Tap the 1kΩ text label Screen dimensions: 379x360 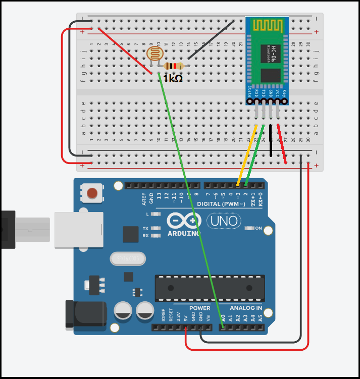click(x=173, y=79)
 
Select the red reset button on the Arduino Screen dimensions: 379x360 click(x=92, y=193)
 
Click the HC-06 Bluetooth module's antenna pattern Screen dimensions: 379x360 click(x=267, y=25)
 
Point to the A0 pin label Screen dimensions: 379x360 click(x=223, y=318)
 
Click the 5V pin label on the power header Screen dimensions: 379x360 click(x=186, y=318)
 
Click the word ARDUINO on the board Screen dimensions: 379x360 click(x=183, y=234)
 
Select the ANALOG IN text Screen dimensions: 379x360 click(x=246, y=308)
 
